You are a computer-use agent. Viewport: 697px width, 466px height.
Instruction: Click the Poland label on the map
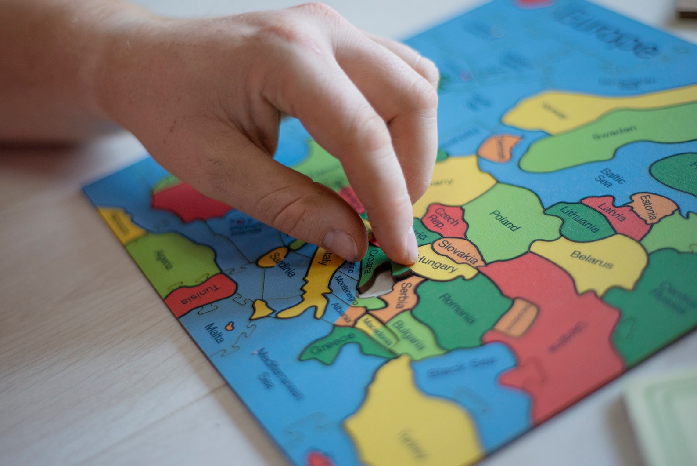[504, 220]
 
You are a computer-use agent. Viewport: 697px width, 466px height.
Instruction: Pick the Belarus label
[591, 259]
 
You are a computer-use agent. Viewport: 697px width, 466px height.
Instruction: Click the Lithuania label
[579, 218]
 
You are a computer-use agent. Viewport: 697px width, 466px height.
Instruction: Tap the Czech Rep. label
[443, 217]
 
